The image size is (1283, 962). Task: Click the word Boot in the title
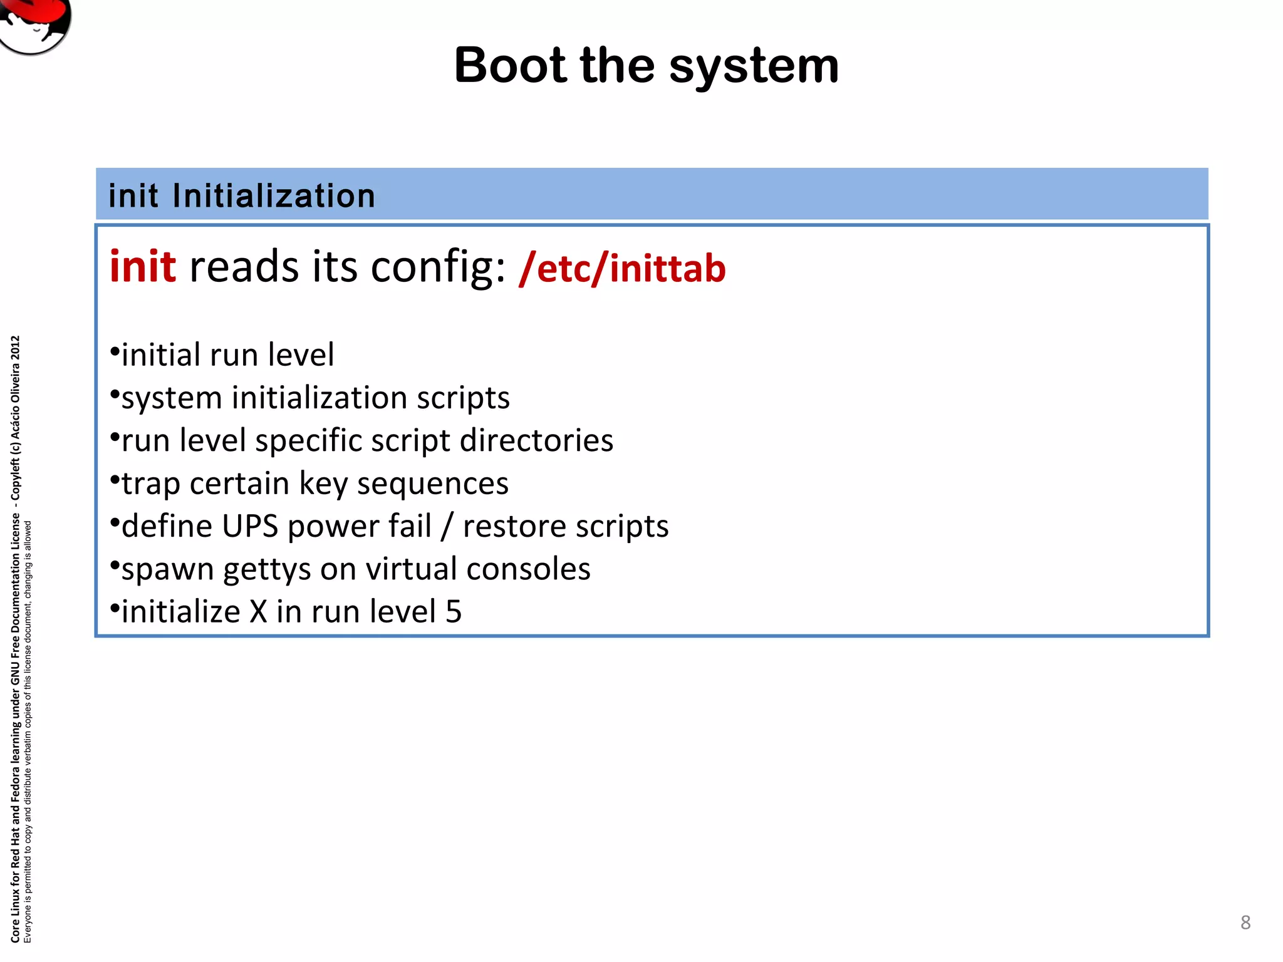[510, 66]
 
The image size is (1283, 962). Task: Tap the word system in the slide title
[754, 67]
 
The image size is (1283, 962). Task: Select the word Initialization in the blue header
[274, 196]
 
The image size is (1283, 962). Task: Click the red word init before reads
[143, 267]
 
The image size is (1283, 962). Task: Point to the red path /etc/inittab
[622, 268]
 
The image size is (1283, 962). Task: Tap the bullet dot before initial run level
[114, 351]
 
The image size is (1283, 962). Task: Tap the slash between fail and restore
[447, 526]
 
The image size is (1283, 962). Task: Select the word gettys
[267, 570]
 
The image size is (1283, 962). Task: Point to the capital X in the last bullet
[258, 612]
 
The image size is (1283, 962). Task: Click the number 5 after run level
[454, 612]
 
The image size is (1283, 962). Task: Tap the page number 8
[1245, 922]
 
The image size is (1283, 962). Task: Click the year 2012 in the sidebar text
[16, 348]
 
